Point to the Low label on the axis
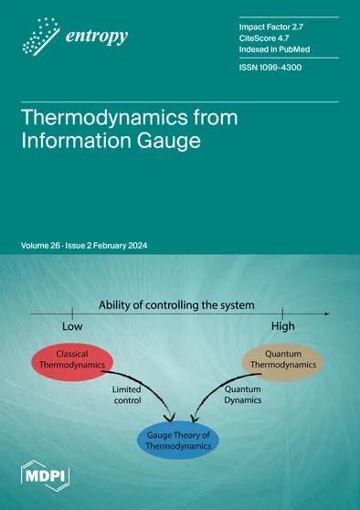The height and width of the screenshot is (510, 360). coord(73,326)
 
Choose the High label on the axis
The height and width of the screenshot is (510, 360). coord(283,326)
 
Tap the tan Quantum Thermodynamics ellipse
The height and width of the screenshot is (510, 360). coord(284,362)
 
